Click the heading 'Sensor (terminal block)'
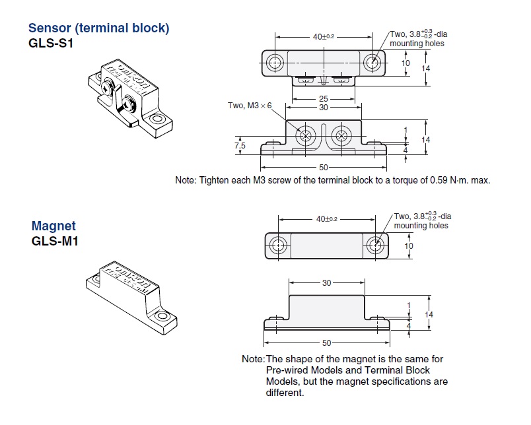pyautogui.click(x=98, y=28)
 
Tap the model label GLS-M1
pyautogui.click(x=55, y=241)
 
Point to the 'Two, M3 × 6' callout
pyautogui.click(x=250, y=106)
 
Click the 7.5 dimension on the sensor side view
pyautogui.click(x=240, y=145)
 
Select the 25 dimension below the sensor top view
pyautogui.click(x=324, y=99)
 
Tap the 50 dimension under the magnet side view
pyautogui.click(x=326, y=343)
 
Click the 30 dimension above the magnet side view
pyautogui.click(x=326, y=283)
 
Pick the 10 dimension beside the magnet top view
pyautogui.click(x=408, y=245)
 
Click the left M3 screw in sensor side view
pyautogui.click(x=306, y=137)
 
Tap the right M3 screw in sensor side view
pyautogui.click(x=342, y=137)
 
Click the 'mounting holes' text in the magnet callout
pyautogui.click(x=421, y=226)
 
